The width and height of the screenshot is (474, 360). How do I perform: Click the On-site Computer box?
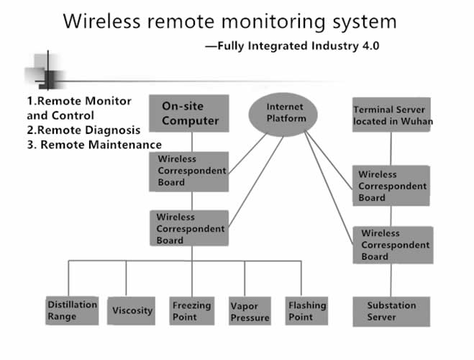189,114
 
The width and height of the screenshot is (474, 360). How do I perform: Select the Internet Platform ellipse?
285,113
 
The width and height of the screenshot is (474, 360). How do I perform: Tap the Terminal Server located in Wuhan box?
393,115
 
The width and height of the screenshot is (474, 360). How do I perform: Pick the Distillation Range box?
72,310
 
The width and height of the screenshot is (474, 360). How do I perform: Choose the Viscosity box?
133,310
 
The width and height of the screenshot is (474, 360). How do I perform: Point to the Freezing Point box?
191,310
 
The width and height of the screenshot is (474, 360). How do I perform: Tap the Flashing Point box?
307,310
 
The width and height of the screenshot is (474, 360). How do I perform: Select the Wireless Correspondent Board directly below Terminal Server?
393,186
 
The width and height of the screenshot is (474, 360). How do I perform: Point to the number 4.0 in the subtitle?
368,45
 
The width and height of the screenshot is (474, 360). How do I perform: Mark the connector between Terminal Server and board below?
391,149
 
